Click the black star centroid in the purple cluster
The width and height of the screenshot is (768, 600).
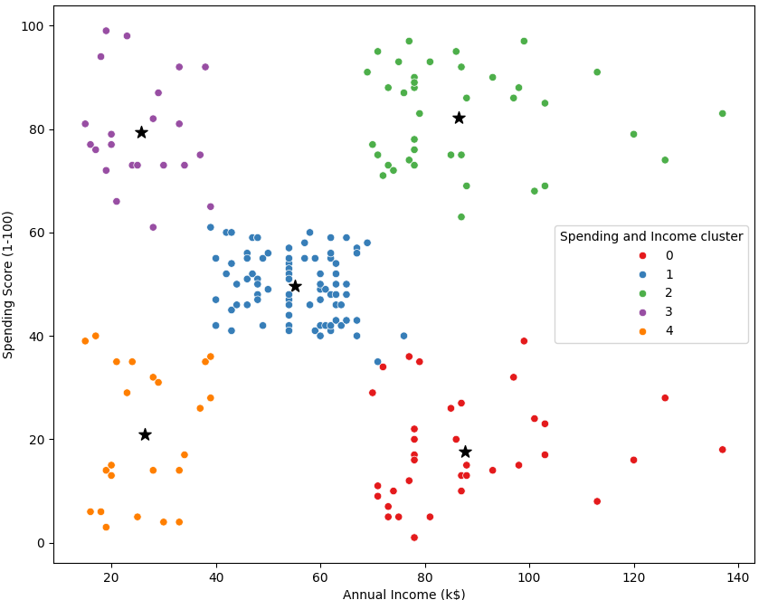pos(141,132)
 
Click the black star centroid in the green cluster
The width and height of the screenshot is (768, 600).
pos(459,118)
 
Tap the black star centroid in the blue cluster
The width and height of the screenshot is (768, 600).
pos(295,286)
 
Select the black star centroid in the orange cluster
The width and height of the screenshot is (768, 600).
pos(145,434)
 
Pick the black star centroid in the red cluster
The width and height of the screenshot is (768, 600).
pos(465,452)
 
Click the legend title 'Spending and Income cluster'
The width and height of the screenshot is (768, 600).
pos(651,236)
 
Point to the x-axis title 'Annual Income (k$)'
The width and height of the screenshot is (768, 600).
pos(403,594)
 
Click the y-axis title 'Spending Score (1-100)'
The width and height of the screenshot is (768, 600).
pos(9,284)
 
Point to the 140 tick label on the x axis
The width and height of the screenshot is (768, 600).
pos(738,575)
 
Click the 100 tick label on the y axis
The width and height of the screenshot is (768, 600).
pos(36,25)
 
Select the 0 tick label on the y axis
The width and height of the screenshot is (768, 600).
pos(42,543)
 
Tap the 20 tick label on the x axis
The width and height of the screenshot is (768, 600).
pos(111,575)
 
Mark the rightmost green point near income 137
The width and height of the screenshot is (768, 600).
pos(722,113)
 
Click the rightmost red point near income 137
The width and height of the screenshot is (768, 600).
pos(722,450)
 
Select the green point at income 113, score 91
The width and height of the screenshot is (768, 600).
pos(597,72)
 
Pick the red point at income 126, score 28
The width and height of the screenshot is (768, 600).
pos(665,398)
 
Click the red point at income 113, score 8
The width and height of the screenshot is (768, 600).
pos(597,501)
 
